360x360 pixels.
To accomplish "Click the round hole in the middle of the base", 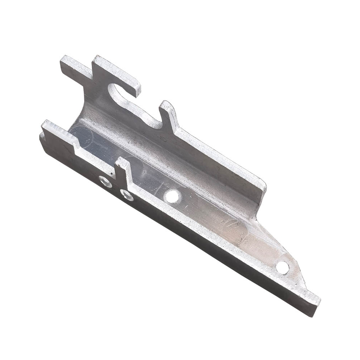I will [172, 196].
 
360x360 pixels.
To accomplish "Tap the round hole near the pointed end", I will [283, 267].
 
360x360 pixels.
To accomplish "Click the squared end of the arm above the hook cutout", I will [135, 88].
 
